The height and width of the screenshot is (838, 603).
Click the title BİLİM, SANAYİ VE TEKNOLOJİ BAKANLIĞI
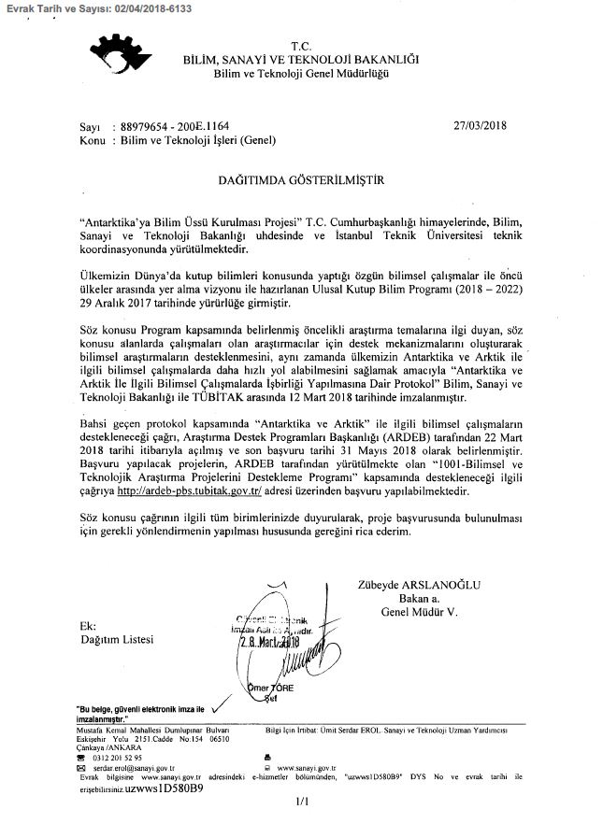tap(300, 59)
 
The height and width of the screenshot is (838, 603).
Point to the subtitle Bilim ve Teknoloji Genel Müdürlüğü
tap(300, 73)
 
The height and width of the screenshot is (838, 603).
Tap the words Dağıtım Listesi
tap(116, 640)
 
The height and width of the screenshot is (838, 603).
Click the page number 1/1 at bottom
tap(300, 801)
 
